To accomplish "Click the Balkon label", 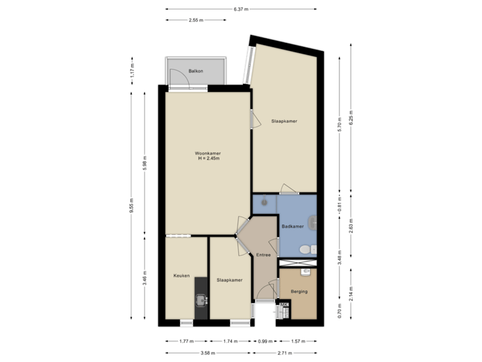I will pos(195,70).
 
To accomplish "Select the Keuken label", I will pos(181,276).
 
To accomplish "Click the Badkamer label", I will pos(292,227).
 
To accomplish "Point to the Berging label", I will pos(299,292).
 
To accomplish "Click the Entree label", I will pos(263,255).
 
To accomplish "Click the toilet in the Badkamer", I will pos(306,249).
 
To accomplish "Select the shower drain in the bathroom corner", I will pos(266,200).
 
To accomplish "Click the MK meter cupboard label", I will pos(284,306).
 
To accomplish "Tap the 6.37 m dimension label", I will pos(241,9).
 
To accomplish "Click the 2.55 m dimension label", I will pos(195,20).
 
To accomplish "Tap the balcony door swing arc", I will pos(178,80).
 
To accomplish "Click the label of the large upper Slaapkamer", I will pos(284,121).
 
